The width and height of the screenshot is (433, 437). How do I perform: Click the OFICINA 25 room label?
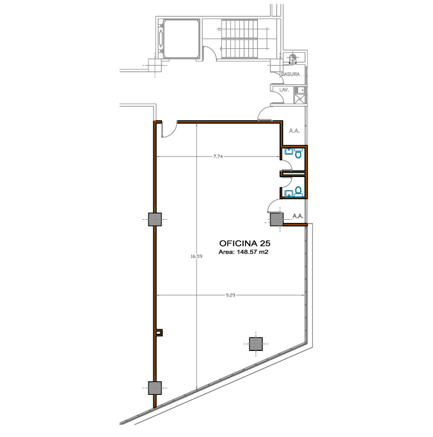[x=245, y=243]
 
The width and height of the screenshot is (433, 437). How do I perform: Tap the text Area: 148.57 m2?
[x=243, y=252]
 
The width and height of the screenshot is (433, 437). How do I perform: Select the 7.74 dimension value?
[x=218, y=157]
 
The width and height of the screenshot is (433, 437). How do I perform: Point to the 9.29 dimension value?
[x=231, y=295]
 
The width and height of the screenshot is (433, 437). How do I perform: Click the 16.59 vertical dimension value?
[x=196, y=256]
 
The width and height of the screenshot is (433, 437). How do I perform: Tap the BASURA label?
[x=291, y=74]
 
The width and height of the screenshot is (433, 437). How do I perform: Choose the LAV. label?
[x=284, y=90]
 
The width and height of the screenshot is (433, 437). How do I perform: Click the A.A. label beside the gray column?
[x=298, y=216]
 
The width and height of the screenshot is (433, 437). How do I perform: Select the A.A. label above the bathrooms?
[x=294, y=131]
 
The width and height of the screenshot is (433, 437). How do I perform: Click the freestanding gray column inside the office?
[x=256, y=344]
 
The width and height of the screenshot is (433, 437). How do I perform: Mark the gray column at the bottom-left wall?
[x=155, y=388]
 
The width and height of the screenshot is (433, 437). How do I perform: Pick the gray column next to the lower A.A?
[x=277, y=219]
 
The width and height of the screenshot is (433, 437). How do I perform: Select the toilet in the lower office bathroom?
[x=298, y=192]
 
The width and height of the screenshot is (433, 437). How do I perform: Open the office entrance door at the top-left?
[x=169, y=129]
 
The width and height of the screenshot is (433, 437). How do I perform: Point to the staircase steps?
[x=239, y=38]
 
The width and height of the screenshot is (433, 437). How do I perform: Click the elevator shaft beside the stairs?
[x=181, y=39]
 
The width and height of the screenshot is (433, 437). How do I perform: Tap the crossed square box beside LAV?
[x=299, y=99]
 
